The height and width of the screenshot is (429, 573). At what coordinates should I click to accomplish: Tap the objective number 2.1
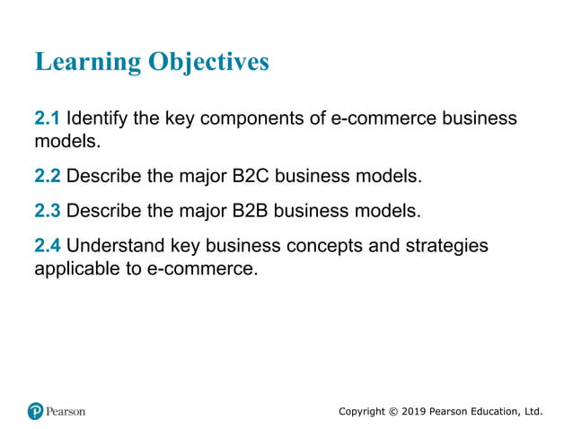[47, 118]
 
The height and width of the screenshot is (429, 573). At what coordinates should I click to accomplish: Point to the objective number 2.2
[47, 176]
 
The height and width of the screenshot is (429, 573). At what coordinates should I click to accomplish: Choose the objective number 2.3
[47, 212]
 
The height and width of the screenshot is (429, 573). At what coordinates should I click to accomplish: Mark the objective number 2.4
[47, 246]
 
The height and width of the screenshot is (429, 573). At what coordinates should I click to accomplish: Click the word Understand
[112, 246]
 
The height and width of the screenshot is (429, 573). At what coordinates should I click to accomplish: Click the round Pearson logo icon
[36, 411]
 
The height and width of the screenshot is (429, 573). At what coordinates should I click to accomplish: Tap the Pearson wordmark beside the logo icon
[66, 411]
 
